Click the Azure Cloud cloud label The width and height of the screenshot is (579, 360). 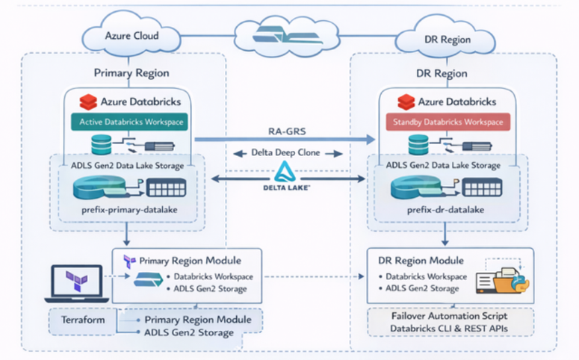tap(132, 36)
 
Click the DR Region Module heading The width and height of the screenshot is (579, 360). tap(416, 261)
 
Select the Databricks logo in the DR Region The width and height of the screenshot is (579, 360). tap(406, 102)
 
